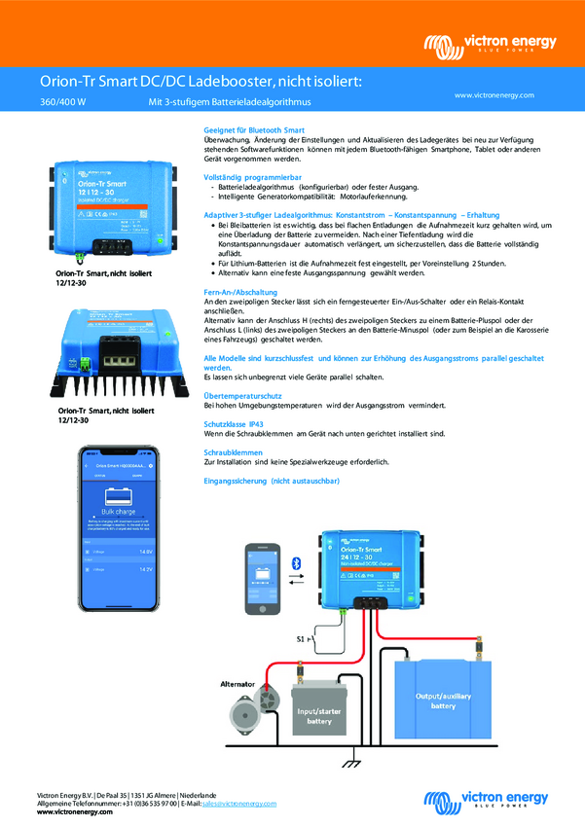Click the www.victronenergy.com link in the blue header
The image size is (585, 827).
(495, 95)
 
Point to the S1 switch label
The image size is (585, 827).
(301, 638)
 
